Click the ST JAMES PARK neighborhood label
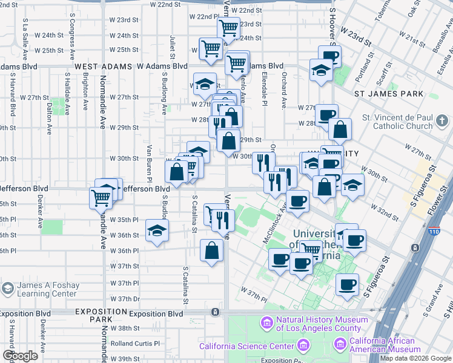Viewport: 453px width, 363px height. click(x=389, y=94)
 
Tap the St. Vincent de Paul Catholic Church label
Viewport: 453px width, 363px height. click(x=398, y=122)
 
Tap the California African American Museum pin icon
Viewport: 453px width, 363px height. click(x=340, y=344)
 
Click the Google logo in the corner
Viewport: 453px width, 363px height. click(x=19, y=355)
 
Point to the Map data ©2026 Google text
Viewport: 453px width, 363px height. click(x=415, y=358)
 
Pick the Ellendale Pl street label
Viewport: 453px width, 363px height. click(x=265, y=90)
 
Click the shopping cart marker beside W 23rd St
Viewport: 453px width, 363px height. click(x=229, y=27)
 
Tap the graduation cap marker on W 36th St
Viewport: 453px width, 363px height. click(x=157, y=231)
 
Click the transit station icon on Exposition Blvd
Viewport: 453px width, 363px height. click(x=215, y=312)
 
